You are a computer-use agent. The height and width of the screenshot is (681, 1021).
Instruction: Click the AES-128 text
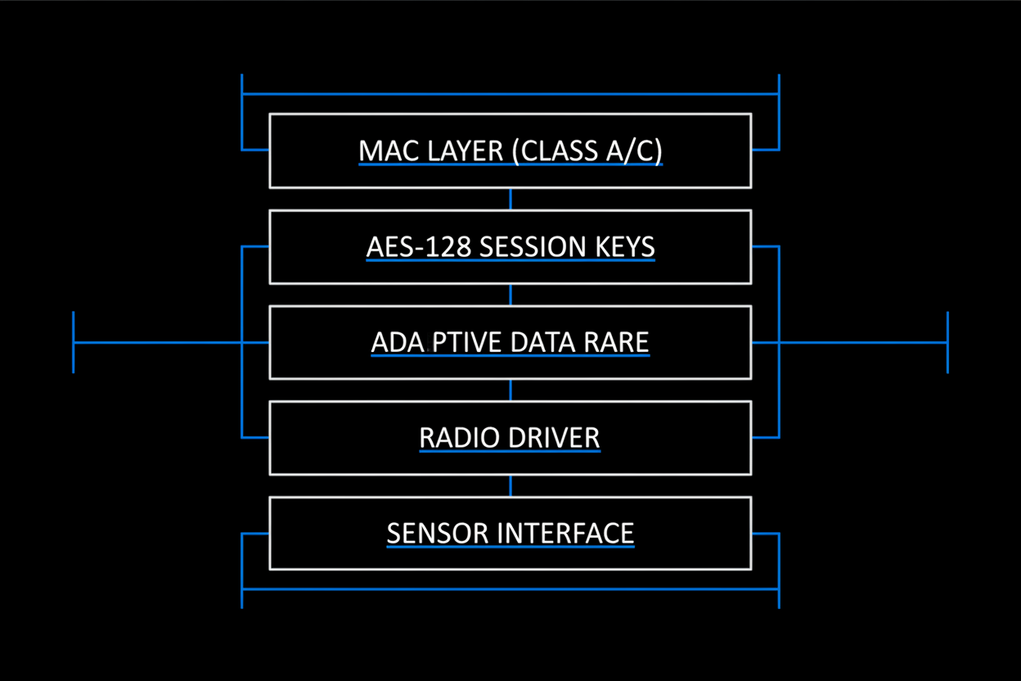click(419, 247)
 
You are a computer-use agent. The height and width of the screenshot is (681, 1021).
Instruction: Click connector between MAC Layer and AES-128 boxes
click(510, 199)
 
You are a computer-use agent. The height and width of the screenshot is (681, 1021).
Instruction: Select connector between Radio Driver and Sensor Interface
click(510, 485)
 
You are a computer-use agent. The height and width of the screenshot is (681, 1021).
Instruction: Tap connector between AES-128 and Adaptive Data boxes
click(510, 295)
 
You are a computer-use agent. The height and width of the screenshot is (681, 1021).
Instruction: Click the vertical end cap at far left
click(74, 342)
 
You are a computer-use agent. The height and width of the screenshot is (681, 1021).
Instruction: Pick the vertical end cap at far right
click(947, 342)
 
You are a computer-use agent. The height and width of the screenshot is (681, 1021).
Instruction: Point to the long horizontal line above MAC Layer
click(510, 94)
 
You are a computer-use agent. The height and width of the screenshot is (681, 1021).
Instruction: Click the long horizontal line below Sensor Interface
click(510, 589)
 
